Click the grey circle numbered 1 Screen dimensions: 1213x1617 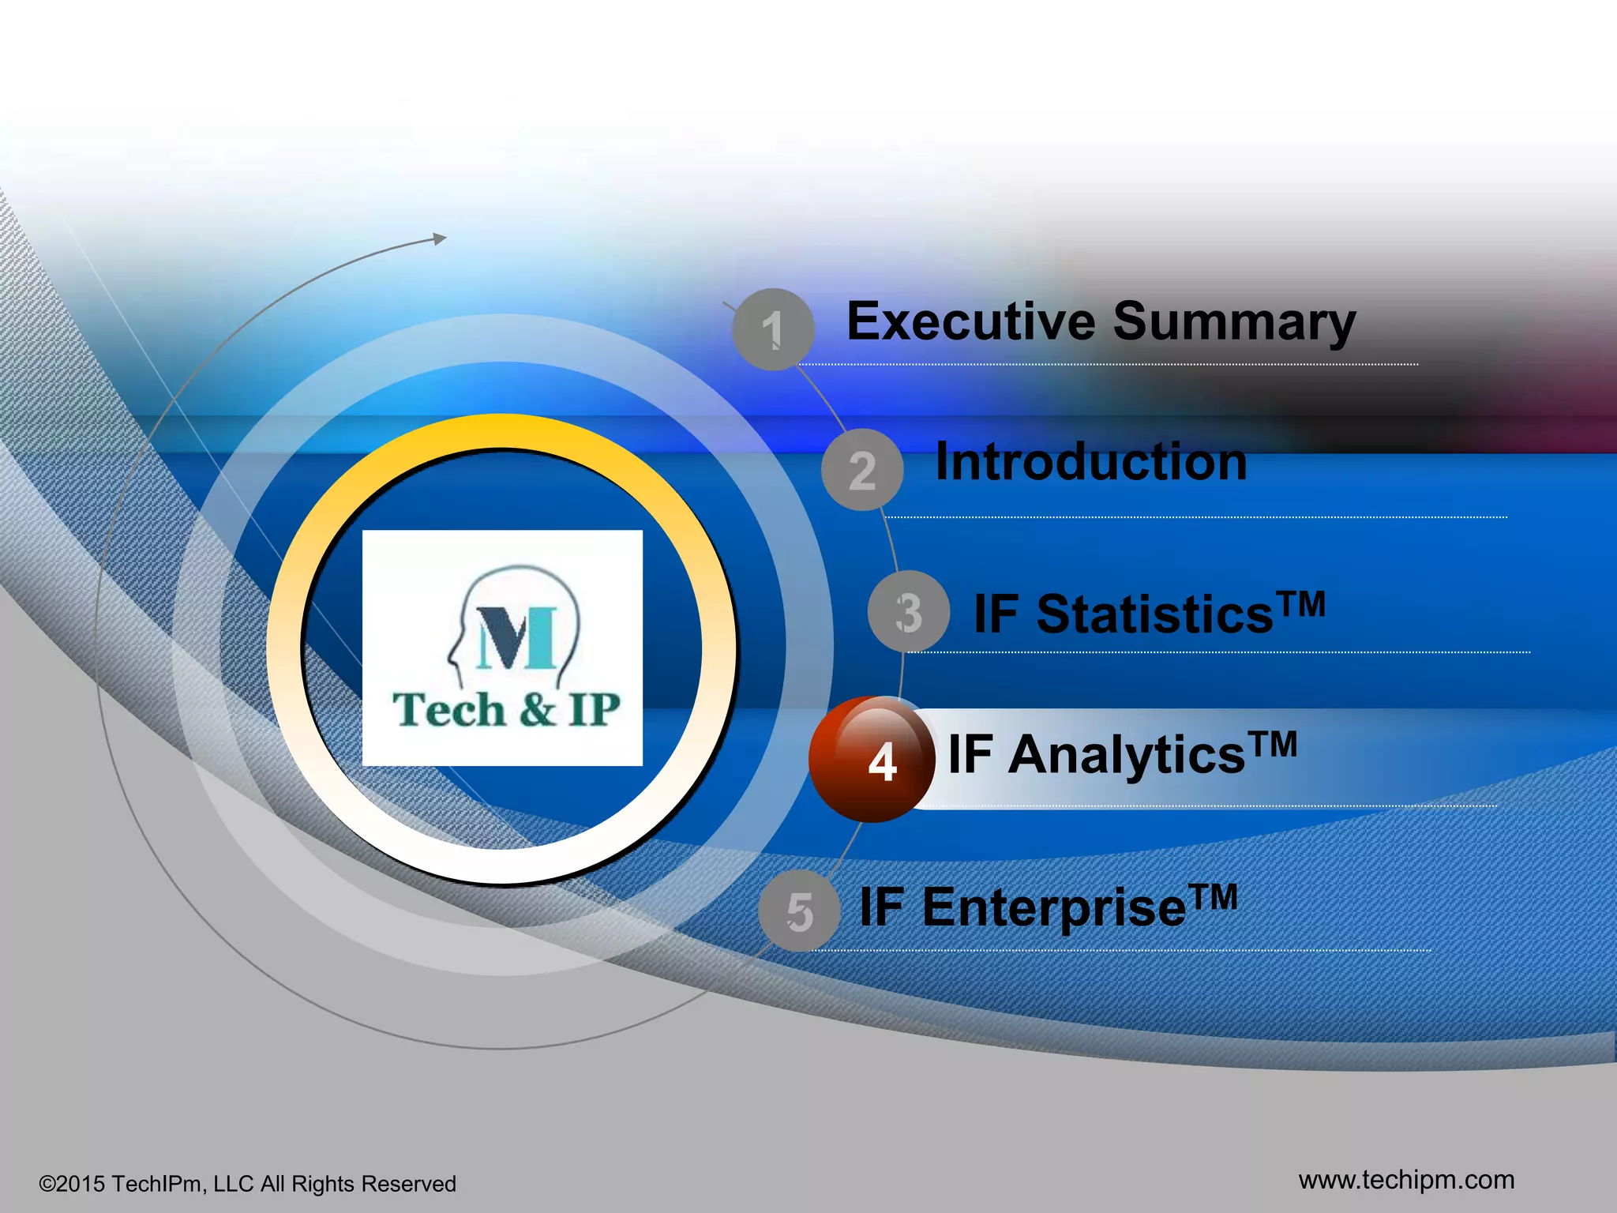pos(773,329)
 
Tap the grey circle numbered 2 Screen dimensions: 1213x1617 pos(862,470)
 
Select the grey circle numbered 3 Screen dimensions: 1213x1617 pos(908,612)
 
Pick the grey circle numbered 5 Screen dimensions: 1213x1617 pos(799,911)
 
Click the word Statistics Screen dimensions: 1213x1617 pos(1154,614)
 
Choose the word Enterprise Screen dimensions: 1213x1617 pos(1054,907)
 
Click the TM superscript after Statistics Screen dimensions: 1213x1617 pos(1302,604)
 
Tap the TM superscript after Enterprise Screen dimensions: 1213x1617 pos(1214,897)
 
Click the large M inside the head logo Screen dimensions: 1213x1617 pos(516,639)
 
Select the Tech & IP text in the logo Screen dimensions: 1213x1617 pos(506,709)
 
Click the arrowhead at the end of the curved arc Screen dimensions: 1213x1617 pos(440,238)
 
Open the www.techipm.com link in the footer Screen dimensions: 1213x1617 pos(1406,1180)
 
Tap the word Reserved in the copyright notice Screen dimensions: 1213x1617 pos(408,1184)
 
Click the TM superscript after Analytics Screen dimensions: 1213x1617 pos(1273,744)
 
